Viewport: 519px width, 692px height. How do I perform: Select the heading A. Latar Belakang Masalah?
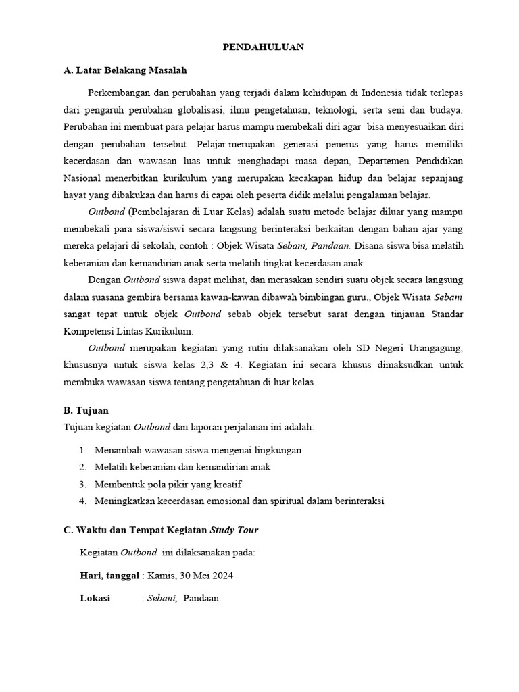point(125,70)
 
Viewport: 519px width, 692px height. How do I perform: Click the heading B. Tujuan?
point(86,410)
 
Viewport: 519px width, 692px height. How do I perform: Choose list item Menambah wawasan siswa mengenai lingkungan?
point(198,450)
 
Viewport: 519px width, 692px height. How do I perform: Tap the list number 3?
point(82,485)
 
